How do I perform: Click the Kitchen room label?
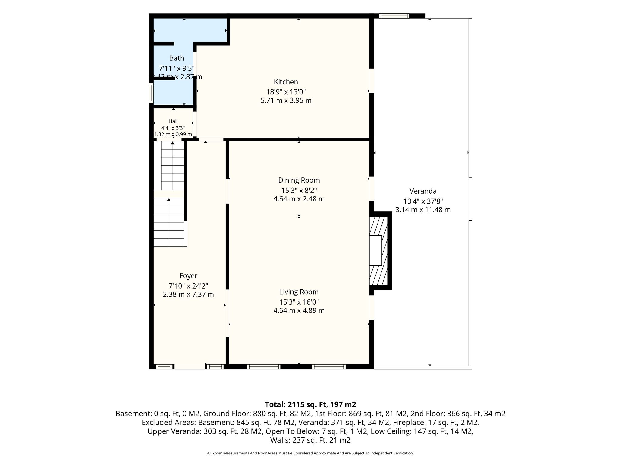tap(286, 82)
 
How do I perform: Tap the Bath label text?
tap(176, 58)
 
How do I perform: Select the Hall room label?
tap(173, 121)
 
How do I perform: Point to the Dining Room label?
tap(299, 180)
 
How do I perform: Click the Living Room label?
tap(299, 292)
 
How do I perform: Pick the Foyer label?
tap(188, 276)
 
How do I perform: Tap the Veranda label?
tap(423, 191)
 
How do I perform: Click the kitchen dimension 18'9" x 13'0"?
tap(286, 92)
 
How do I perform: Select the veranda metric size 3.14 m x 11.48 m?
tap(423, 210)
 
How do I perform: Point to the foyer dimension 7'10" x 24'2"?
tap(188, 286)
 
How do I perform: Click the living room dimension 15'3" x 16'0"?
tap(299, 302)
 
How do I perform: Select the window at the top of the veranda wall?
tap(394, 16)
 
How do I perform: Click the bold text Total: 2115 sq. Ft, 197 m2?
tap(310, 404)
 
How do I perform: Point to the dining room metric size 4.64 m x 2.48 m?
tap(299, 199)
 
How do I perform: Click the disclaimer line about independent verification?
tap(310, 453)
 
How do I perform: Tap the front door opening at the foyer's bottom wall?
tap(190, 367)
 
